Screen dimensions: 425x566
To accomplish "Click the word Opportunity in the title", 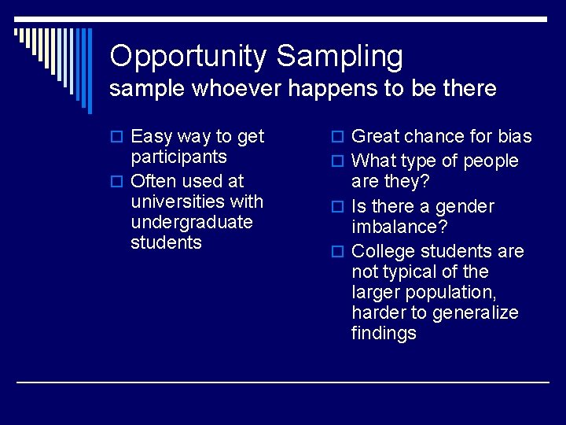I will point(189,57).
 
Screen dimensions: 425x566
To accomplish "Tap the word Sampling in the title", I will point(340,57).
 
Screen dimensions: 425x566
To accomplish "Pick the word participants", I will point(178,157).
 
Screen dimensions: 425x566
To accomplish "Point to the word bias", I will point(515,136).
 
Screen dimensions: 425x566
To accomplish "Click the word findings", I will point(384,333).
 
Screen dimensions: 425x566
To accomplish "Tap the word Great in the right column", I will point(377,136).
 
